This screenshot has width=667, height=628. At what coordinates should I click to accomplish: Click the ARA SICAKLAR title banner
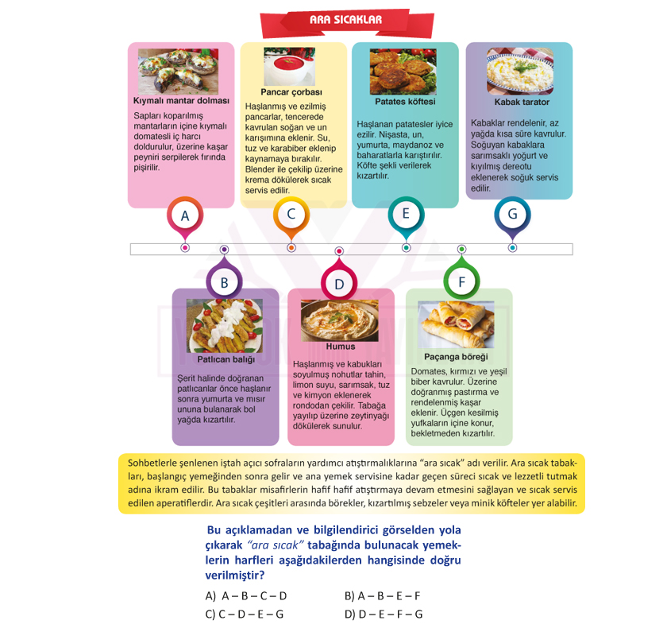tap(347, 22)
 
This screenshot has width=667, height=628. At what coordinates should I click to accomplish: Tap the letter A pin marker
tap(185, 218)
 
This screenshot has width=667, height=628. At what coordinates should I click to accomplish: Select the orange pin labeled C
tap(291, 217)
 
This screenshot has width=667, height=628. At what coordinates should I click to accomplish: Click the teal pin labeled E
tap(407, 217)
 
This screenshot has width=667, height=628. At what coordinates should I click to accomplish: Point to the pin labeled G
tap(513, 217)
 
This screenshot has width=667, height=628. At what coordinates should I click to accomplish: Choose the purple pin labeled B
tap(224, 279)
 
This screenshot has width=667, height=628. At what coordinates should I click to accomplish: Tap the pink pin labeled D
tap(339, 280)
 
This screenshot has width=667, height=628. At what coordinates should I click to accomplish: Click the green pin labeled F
tap(461, 278)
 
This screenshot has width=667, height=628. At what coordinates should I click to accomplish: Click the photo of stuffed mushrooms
tap(178, 71)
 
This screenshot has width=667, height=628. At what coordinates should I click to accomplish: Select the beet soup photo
tap(290, 67)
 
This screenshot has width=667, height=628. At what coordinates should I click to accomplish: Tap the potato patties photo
tap(403, 72)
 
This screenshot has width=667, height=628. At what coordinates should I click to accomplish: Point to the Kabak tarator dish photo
tap(520, 71)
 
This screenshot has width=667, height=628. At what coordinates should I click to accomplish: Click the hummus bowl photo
tap(340, 320)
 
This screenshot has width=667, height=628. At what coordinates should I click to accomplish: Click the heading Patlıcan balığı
tap(226, 359)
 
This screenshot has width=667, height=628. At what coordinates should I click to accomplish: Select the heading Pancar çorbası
tap(291, 92)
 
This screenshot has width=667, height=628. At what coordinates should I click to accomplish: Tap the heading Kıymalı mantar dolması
tap(181, 101)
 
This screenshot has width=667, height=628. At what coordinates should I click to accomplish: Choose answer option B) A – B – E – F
tap(383, 595)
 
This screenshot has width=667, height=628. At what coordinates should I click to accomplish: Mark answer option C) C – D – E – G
tap(245, 614)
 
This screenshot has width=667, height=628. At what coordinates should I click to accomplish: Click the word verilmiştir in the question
tap(235, 576)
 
